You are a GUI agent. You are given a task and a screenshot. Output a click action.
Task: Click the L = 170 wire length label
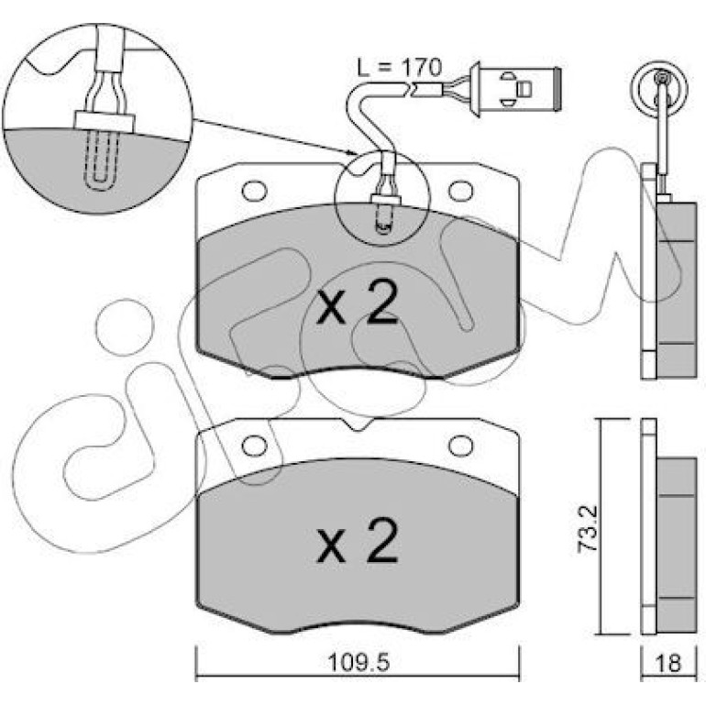pyautogui.click(x=400, y=68)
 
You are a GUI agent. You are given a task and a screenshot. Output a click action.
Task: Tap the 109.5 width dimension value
pyautogui.click(x=358, y=661)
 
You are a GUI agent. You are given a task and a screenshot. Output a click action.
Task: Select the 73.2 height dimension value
pyautogui.click(x=588, y=528)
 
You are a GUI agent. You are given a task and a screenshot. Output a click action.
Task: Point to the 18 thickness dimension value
pyautogui.click(x=668, y=663)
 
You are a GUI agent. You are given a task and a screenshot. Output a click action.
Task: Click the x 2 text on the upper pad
pyautogui.click(x=358, y=303)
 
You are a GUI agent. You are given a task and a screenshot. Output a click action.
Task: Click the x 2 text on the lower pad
pyautogui.click(x=358, y=540)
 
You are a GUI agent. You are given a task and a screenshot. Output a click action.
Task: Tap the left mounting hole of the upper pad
pyautogui.click(x=254, y=191)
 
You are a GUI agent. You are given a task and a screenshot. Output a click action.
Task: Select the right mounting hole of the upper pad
pyautogui.click(x=461, y=191)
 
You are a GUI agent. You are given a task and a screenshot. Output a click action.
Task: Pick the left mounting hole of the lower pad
pyautogui.click(x=254, y=446)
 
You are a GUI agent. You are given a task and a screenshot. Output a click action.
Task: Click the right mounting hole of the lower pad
pyautogui.click(x=461, y=446)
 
